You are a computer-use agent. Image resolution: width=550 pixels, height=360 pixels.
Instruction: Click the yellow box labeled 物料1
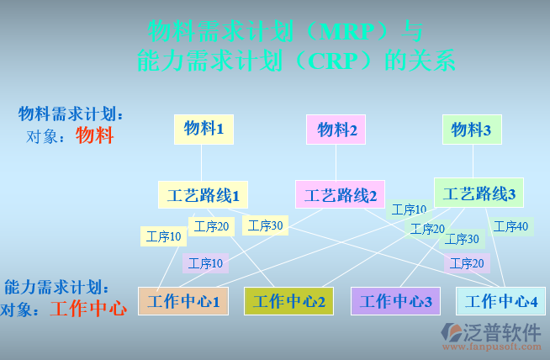tap(204, 130)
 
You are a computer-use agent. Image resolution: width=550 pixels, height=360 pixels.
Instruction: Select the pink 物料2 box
tap(336, 130)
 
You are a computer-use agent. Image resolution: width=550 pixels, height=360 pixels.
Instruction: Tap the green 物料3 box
tap(471, 130)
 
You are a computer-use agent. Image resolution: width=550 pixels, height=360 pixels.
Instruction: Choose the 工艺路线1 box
tap(203, 195)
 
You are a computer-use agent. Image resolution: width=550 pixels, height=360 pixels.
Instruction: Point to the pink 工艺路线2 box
tap(340, 195)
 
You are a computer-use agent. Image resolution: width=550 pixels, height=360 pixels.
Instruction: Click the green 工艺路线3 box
tap(479, 193)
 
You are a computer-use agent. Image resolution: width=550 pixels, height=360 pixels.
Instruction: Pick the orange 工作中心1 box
tap(182, 301)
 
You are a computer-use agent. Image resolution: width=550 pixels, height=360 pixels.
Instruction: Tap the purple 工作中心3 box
tap(395, 301)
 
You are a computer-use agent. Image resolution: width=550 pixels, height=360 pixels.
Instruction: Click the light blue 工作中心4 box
tap(501, 301)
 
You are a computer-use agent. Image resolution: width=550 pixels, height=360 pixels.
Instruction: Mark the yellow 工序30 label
tap(266, 225)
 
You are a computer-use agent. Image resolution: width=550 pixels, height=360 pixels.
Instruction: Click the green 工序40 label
tap(511, 226)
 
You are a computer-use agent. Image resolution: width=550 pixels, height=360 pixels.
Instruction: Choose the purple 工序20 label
tap(467, 263)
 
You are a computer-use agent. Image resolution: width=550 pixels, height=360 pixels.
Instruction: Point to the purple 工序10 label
tap(206, 263)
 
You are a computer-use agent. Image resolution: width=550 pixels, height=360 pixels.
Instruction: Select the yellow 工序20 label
tap(211, 226)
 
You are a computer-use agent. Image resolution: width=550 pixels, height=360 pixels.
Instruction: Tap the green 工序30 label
tap(462, 239)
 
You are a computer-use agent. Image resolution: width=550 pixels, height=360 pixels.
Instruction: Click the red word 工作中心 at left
tap(88, 309)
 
